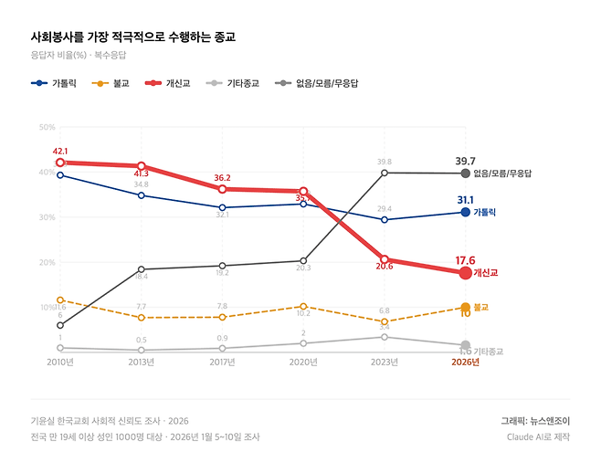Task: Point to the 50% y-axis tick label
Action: pos(47,127)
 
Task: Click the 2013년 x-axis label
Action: pos(141,362)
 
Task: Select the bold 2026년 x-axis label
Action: pos(465,362)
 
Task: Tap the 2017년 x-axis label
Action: pos(222,362)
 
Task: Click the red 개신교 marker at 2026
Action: pos(465,273)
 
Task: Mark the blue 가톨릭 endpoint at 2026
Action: pos(465,212)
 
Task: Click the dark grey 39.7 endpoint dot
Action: pos(465,173)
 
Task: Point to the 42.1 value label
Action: pos(60,151)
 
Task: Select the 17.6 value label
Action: pos(466,259)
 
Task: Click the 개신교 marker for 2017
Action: pos(222,189)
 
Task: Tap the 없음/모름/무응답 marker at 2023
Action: pos(385,173)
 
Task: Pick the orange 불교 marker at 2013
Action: pos(141,318)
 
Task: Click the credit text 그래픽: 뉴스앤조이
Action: pos(534,421)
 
